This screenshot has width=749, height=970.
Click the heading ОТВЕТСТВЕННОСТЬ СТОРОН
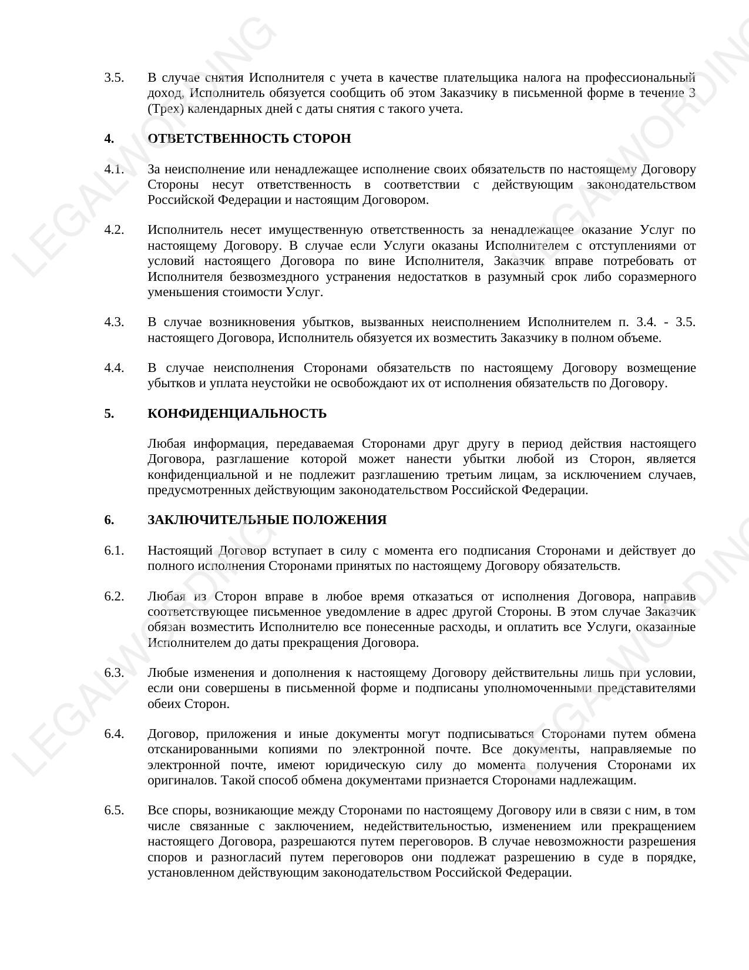tap(249, 139)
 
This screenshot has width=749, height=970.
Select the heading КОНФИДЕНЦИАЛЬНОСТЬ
tap(237, 414)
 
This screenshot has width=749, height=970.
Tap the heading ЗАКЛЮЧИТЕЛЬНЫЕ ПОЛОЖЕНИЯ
tap(267, 521)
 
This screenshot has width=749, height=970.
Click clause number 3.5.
tap(114, 78)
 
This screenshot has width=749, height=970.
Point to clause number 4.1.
tap(114, 170)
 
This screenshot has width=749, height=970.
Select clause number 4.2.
tap(114, 230)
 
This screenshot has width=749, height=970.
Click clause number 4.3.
tap(114, 323)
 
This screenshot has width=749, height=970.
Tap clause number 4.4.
tap(114, 368)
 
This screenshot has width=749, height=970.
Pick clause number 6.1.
tap(114, 551)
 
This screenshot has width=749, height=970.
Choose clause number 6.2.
tap(114, 597)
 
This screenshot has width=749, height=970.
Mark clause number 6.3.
tap(114, 673)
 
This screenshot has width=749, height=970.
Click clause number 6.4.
tap(114, 734)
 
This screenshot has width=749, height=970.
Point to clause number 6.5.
tap(114, 811)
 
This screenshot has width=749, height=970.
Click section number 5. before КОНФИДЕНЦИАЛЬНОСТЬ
tap(109, 414)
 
